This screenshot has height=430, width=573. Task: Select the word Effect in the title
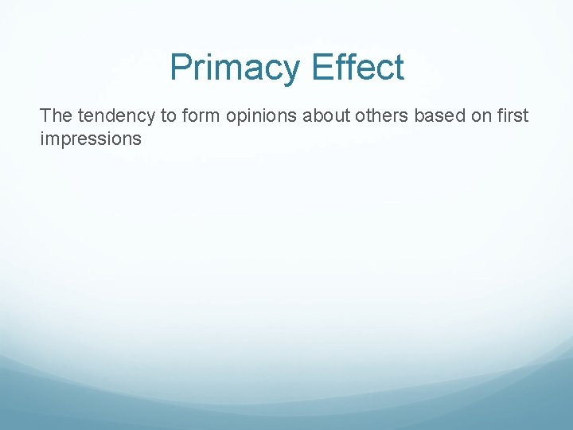point(358,68)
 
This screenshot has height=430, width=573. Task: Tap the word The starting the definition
point(56,116)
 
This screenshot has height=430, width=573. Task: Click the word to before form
point(169,116)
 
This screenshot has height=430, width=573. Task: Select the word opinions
point(259,116)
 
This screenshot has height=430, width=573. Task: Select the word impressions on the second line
point(90,139)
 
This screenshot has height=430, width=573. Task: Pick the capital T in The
point(45,116)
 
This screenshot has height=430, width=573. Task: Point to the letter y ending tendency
point(151,118)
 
